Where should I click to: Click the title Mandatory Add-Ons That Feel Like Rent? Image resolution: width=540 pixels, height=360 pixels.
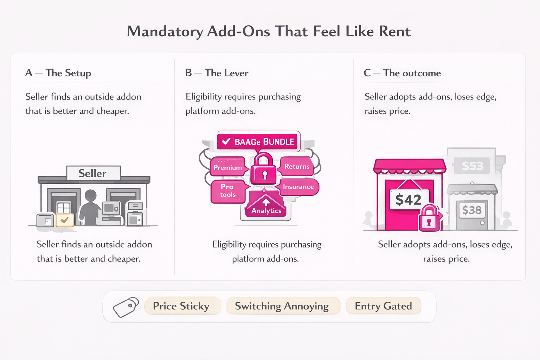(x=269, y=31)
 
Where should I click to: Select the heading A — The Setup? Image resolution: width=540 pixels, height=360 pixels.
(x=58, y=73)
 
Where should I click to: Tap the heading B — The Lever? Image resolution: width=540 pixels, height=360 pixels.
(x=217, y=73)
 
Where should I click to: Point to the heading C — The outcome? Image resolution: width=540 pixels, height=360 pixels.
(x=402, y=73)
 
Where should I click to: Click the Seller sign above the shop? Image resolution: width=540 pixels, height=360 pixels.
(x=93, y=173)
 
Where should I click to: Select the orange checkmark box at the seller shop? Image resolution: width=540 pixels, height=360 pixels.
(x=65, y=220)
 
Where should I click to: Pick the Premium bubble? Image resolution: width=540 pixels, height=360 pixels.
(x=227, y=167)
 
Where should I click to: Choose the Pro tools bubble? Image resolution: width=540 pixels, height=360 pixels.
(x=227, y=191)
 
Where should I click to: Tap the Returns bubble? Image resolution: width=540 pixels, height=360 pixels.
(x=297, y=166)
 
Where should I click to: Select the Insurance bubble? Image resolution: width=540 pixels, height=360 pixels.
(x=298, y=187)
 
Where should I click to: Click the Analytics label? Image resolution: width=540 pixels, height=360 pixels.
(x=266, y=211)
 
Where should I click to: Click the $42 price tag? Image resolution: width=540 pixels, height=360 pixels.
(x=409, y=200)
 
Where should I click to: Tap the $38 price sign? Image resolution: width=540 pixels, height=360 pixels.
(x=471, y=210)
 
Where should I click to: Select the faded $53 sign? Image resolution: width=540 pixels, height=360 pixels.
(x=472, y=166)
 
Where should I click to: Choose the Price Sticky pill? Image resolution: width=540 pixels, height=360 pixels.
(x=181, y=306)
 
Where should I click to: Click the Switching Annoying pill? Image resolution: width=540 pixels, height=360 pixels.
(x=282, y=306)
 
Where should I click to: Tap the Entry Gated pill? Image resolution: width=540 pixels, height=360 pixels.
(x=383, y=306)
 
